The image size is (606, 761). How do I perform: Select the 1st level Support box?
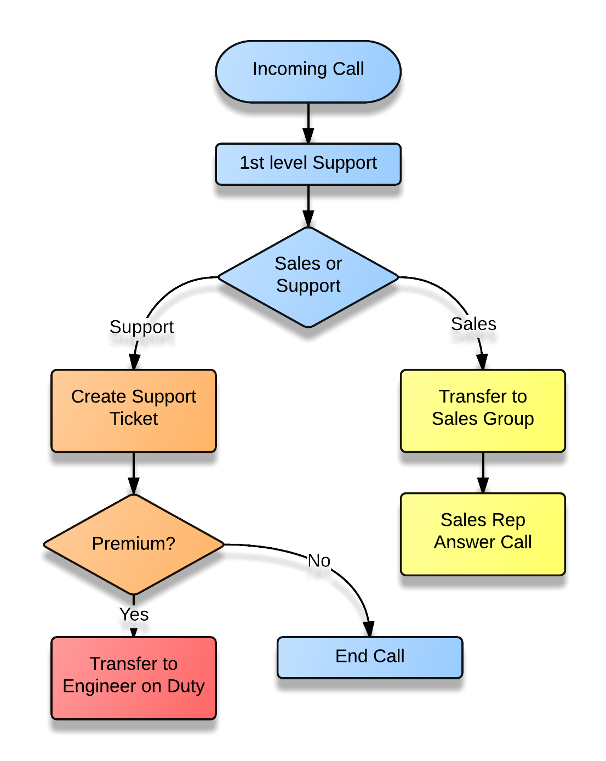pos(308,163)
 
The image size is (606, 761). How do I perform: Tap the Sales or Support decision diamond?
pos(308,276)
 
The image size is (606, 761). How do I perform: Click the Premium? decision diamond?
pos(133,544)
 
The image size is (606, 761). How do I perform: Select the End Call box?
pos(370,656)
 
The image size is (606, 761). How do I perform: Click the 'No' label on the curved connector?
pos(319,560)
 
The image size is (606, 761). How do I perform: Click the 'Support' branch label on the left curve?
pos(141,327)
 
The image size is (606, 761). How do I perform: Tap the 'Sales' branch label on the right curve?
pos(474,324)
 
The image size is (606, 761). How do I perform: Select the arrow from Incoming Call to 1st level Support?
pos(308,130)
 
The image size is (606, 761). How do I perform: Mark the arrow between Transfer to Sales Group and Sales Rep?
pos(482,480)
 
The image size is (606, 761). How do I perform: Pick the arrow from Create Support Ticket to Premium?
pos(133,481)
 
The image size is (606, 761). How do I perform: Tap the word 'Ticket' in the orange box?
pos(133,419)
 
